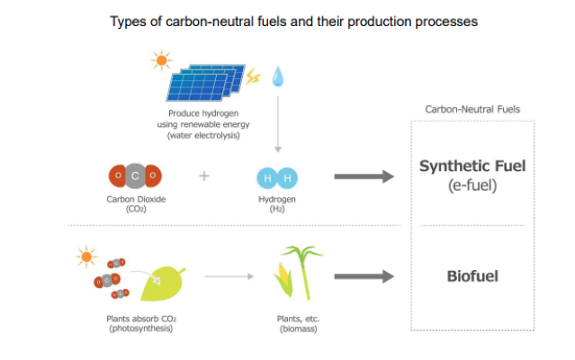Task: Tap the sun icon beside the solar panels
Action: click(161, 61)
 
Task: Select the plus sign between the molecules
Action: click(204, 175)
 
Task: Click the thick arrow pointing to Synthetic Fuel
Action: click(364, 176)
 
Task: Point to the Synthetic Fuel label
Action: click(472, 166)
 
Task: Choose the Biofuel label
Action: click(472, 275)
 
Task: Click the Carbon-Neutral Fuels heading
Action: click(472, 110)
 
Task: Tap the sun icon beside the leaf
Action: click(86, 257)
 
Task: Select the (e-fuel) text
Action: click(472, 186)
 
